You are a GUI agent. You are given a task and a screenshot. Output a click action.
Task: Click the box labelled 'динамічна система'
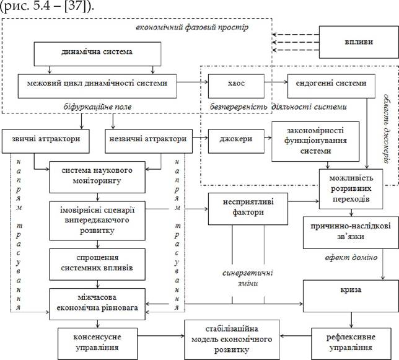(x=97, y=54)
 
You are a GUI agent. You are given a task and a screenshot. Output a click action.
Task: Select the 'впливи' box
(x=359, y=42)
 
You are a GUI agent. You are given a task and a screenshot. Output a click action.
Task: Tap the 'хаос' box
(x=236, y=86)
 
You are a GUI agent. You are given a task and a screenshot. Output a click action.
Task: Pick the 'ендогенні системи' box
(x=331, y=86)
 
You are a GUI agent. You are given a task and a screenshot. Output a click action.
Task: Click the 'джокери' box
(x=236, y=141)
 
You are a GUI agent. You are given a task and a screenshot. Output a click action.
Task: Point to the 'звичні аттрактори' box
(x=46, y=141)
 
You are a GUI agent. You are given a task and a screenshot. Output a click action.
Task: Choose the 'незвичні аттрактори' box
(x=149, y=141)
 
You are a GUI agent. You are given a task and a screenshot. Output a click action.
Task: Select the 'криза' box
(x=351, y=296)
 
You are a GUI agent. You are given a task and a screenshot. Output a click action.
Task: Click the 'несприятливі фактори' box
(x=248, y=209)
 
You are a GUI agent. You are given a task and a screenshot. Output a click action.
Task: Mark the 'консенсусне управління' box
(x=97, y=344)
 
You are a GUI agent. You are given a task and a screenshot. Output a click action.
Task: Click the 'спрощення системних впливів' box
(x=97, y=265)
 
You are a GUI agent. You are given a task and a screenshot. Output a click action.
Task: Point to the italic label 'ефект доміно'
(x=351, y=258)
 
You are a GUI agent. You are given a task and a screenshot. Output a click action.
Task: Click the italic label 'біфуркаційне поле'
(x=97, y=107)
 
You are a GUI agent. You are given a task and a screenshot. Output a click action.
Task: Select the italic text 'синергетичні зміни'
(x=248, y=278)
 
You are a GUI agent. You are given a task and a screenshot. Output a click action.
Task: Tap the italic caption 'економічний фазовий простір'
(x=192, y=27)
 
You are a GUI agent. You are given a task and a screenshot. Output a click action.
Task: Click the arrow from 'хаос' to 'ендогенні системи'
(x=276, y=82)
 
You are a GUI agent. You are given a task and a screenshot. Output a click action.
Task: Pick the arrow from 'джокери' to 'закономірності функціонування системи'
(x=268, y=138)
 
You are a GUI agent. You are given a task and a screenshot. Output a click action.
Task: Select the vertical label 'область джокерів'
(x=387, y=129)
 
